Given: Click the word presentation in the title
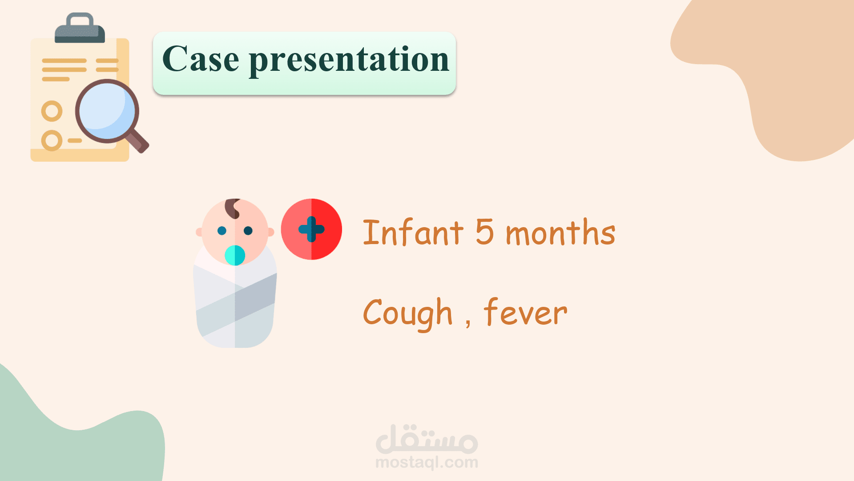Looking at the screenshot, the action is [x=349, y=61].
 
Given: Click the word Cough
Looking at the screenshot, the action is [x=408, y=314].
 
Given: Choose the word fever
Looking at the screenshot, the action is [x=526, y=311].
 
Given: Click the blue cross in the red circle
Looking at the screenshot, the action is [x=311, y=229].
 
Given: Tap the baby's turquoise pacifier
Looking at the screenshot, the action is [x=235, y=255].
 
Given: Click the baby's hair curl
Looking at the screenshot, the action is [x=233, y=208].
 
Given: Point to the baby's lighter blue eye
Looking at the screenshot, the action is [x=222, y=231].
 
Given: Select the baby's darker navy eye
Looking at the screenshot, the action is [x=248, y=231].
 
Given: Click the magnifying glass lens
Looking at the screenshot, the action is [x=107, y=111].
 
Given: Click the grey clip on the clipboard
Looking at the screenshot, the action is [x=80, y=29].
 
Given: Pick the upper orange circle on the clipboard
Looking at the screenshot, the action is [x=52, y=111].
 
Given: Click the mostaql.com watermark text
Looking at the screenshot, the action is [x=427, y=462].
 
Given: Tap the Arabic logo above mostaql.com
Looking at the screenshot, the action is [x=427, y=439].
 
